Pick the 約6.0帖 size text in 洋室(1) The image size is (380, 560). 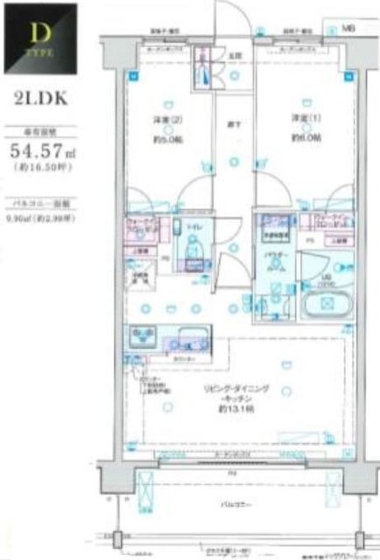[x=304, y=138]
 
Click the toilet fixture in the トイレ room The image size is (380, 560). [x=193, y=259]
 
